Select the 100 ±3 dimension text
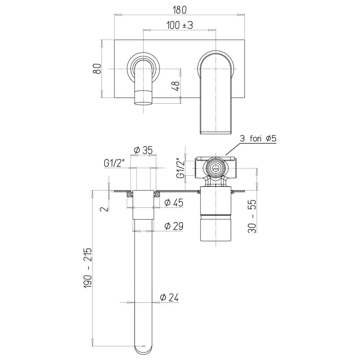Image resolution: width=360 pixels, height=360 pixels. (180, 25)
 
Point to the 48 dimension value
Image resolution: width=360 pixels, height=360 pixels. (176, 86)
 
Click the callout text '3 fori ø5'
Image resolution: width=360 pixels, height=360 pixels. (258, 139)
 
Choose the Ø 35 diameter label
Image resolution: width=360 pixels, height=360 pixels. (143, 150)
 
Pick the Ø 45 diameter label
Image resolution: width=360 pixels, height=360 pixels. (174, 202)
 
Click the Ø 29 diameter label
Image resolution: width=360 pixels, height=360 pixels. (174, 226)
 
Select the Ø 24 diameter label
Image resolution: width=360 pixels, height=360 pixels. (169, 298)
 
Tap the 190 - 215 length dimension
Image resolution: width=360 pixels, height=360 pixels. (88, 267)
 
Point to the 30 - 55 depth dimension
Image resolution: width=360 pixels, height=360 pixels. (252, 216)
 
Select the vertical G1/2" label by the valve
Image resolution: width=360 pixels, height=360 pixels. (181, 168)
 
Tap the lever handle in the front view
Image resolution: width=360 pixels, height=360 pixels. (216, 92)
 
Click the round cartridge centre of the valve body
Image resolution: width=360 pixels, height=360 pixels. (215, 169)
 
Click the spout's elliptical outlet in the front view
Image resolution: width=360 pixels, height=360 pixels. (143, 104)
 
